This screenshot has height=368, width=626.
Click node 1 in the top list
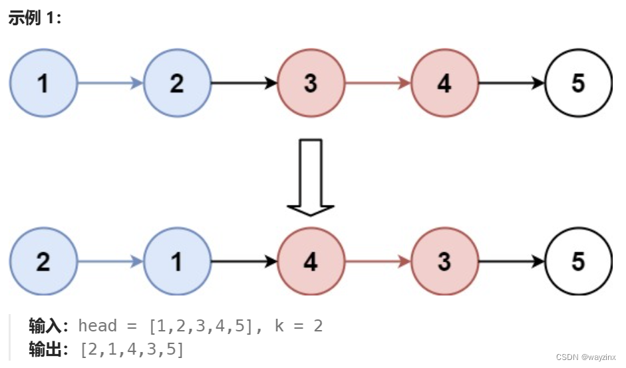43,84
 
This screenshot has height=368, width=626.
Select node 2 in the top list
177,84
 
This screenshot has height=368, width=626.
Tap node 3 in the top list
311,84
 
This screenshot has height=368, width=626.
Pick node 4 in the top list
444,84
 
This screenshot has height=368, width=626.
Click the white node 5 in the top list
578,84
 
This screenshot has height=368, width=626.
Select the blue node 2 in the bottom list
43,262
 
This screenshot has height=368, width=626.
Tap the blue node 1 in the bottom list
177,262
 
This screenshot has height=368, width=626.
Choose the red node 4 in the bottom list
311,262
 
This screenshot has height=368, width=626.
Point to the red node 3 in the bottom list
444,262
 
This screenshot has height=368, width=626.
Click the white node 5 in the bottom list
578,262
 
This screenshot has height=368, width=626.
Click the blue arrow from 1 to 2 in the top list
110,84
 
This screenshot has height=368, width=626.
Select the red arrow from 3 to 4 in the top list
377,84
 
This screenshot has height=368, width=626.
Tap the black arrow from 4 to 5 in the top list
511,84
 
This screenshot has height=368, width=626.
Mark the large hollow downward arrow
311,176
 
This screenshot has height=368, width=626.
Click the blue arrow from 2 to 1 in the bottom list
110,262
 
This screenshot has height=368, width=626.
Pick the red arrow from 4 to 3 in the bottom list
377,262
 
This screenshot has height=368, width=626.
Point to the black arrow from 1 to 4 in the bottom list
243,262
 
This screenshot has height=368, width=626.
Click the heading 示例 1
35,18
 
